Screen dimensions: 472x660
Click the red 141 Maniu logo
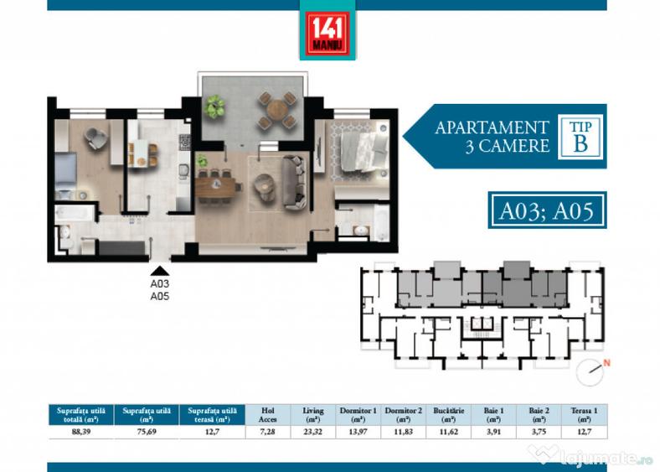pos(327,29)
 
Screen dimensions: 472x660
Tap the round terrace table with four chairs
pos(277,110)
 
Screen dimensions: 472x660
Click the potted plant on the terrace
pos(215,106)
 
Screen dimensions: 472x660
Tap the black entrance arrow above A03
pos(159,270)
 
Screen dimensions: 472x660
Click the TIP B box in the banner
pos(579,135)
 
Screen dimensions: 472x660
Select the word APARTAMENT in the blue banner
pos(492,127)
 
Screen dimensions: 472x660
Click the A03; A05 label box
pos(546,210)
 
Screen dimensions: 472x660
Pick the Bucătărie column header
pos(448,415)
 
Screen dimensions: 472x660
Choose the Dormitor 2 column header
pos(404,415)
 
